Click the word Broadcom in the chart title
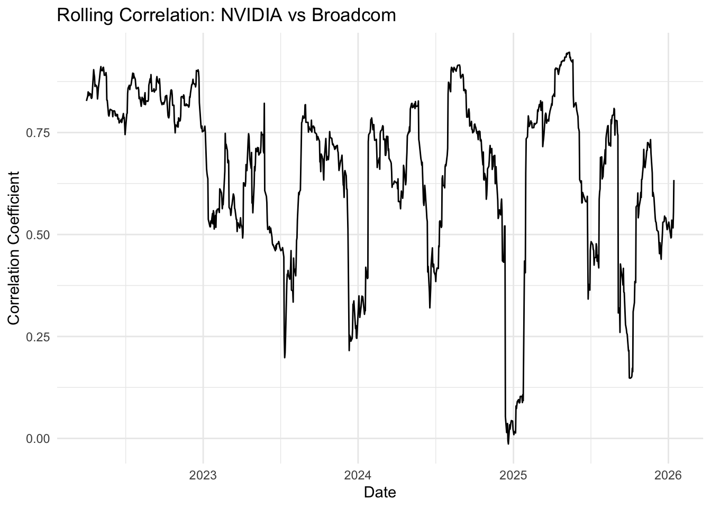pyautogui.click(x=353, y=15)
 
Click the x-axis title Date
pyautogui.click(x=380, y=493)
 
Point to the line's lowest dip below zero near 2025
pyautogui.click(x=508, y=443)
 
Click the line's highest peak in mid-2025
pyautogui.click(x=569, y=52)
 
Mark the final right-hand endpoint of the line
pyautogui.click(x=674, y=180)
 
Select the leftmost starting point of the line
pyautogui.click(x=87, y=100)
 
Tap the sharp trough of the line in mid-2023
pyautogui.click(x=285, y=357)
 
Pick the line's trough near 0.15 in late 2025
pyautogui.click(x=630, y=378)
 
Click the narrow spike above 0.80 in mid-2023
pyautogui.click(x=264, y=104)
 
